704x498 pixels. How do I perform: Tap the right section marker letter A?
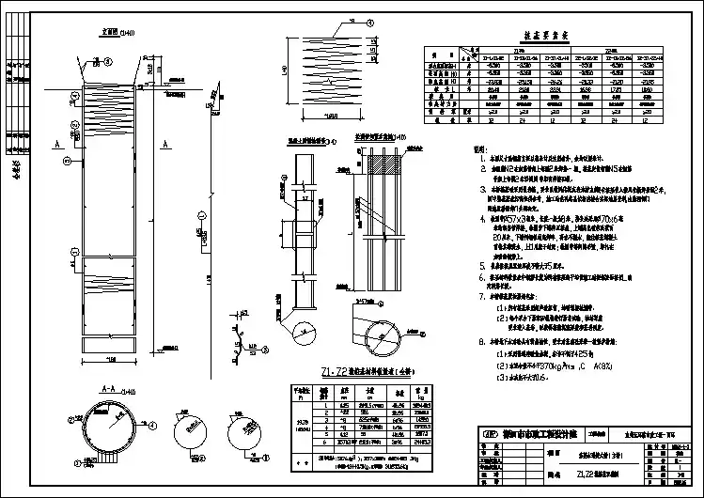[164, 144]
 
